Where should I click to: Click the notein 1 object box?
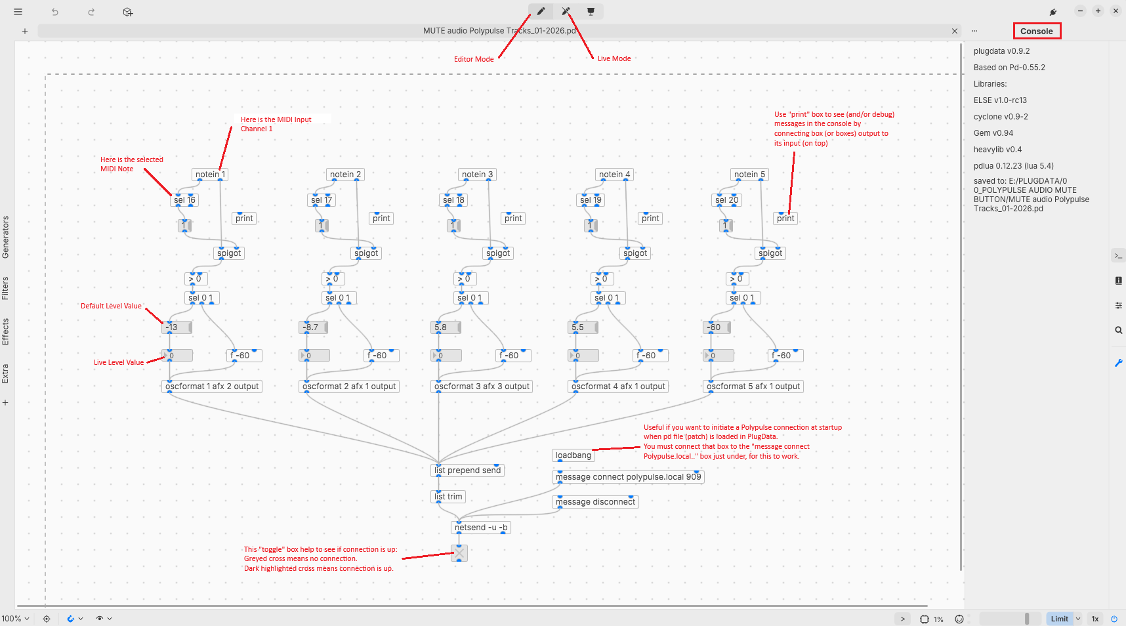coord(210,175)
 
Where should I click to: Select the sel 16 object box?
coord(184,200)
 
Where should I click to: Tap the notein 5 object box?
coord(749,175)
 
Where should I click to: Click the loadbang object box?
coord(573,455)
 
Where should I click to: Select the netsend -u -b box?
coord(481,528)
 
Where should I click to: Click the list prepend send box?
coord(467,470)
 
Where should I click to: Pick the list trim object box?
coord(448,497)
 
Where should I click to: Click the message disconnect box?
coord(595,502)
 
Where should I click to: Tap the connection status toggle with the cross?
coord(459,553)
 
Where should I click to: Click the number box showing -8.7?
coord(312,327)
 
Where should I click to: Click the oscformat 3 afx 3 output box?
coord(482,386)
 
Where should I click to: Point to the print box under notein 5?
coord(785,219)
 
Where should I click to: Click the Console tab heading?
coord(1036,31)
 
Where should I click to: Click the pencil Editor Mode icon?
coord(541,11)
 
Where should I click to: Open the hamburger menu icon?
coord(18,12)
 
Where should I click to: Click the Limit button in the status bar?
coord(1059,619)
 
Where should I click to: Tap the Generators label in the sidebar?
coord(5,237)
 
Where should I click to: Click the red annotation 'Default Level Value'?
coord(111,306)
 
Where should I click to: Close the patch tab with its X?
coord(955,31)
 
